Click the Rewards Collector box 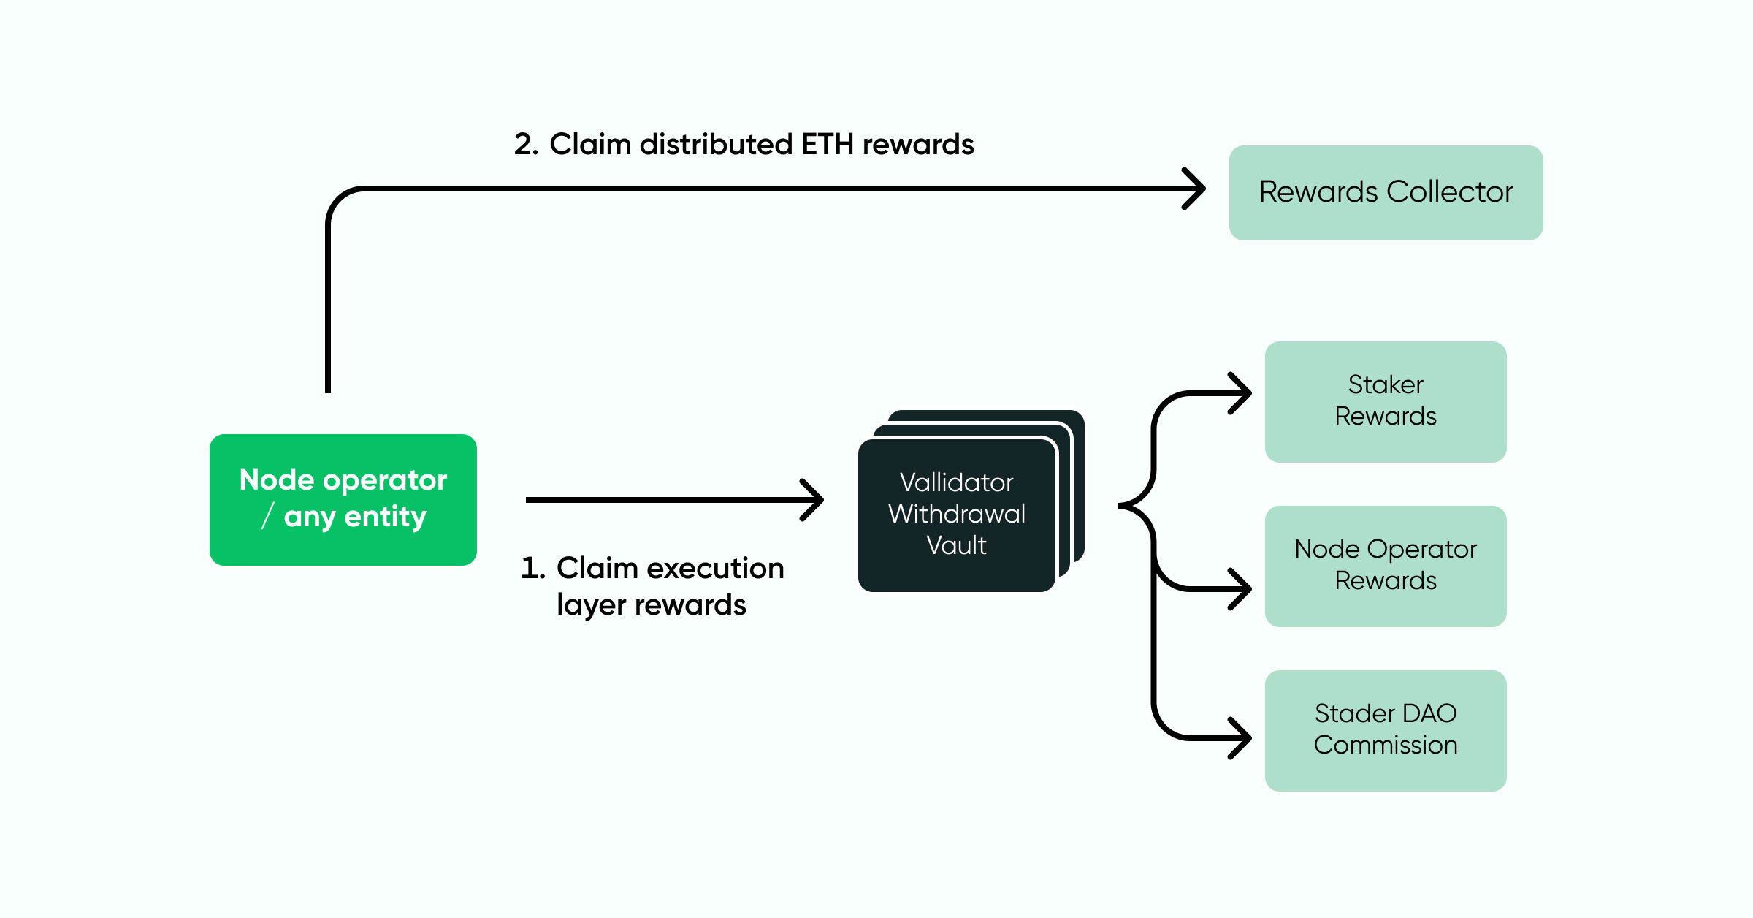point(1386,193)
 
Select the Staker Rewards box point(1386,401)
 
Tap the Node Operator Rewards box point(1386,566)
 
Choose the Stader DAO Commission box point(1386,730)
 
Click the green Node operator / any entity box point(343,500)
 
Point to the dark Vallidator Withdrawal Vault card point(956,515)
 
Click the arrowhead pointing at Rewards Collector point(1196,189)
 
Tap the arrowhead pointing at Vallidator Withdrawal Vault point(815,500)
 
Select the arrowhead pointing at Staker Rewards point(1243,393)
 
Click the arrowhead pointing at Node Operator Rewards point(1243,588)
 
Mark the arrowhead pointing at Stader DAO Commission point(1243,738)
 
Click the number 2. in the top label point(526,145)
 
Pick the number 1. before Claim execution point(532,569)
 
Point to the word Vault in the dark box point(956,545)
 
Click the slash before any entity point(267,516)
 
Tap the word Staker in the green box point(1386,384)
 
